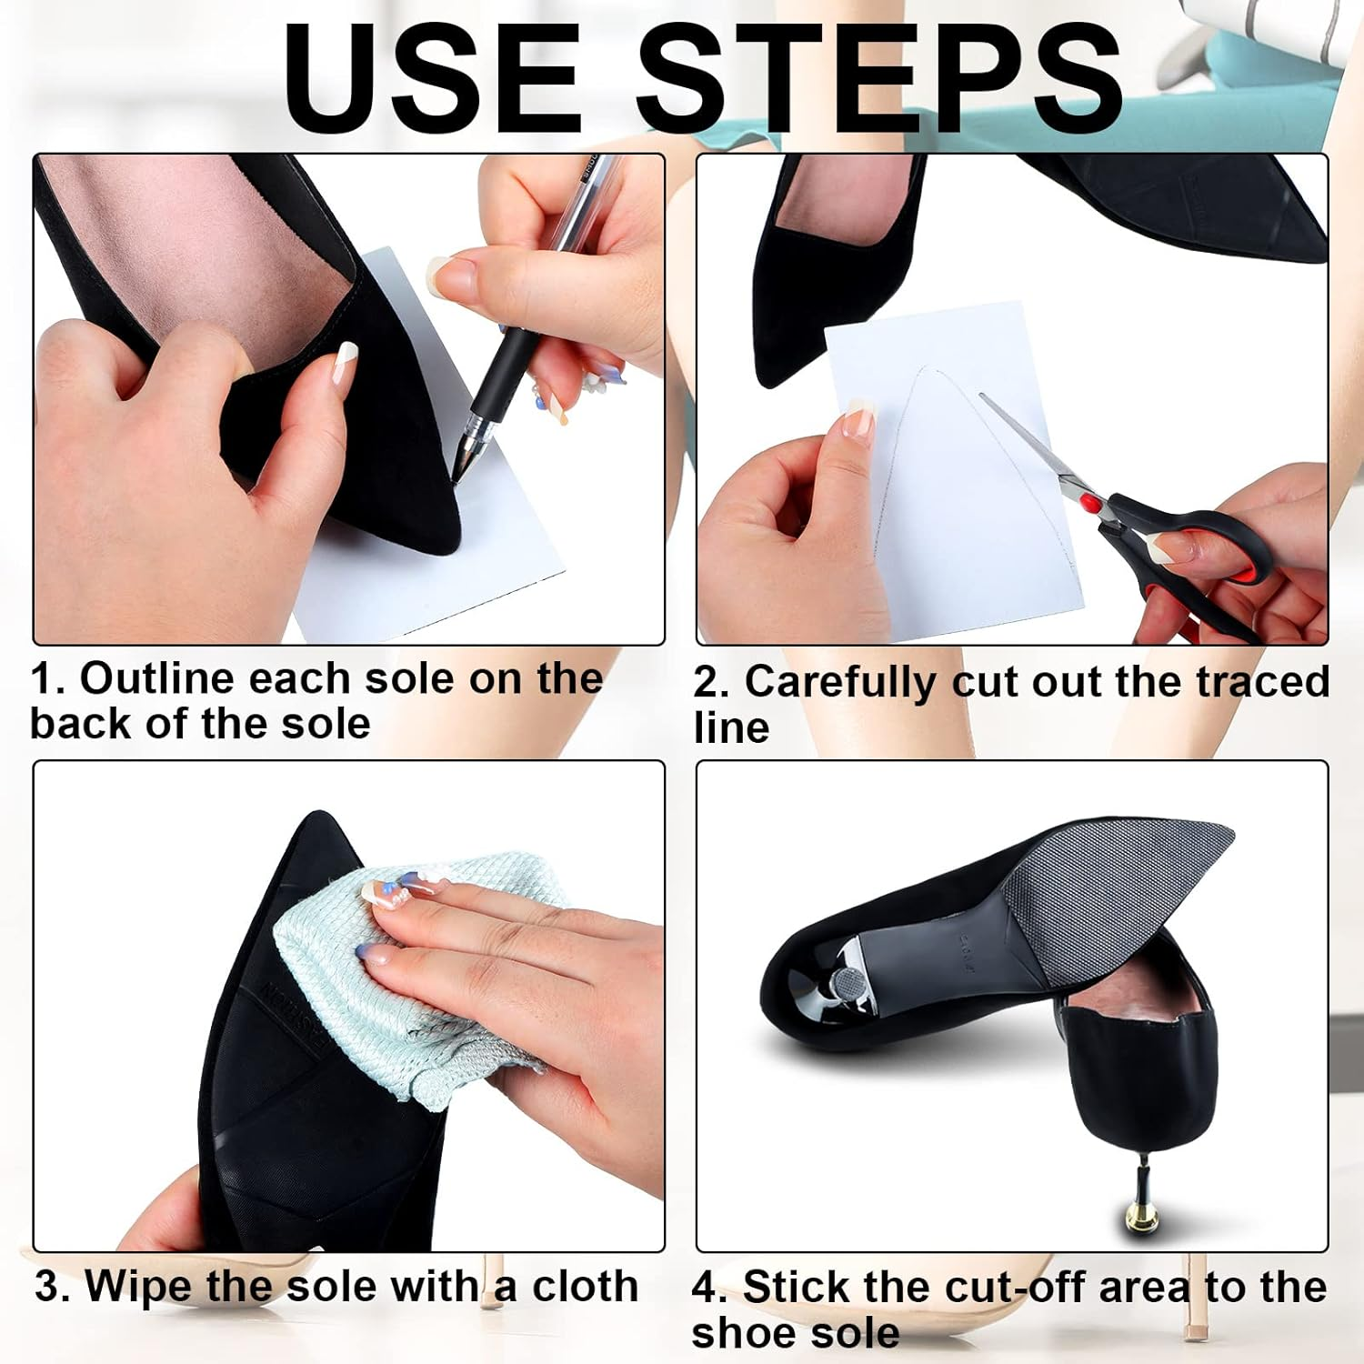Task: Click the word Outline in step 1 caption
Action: [x=156, y=678]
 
